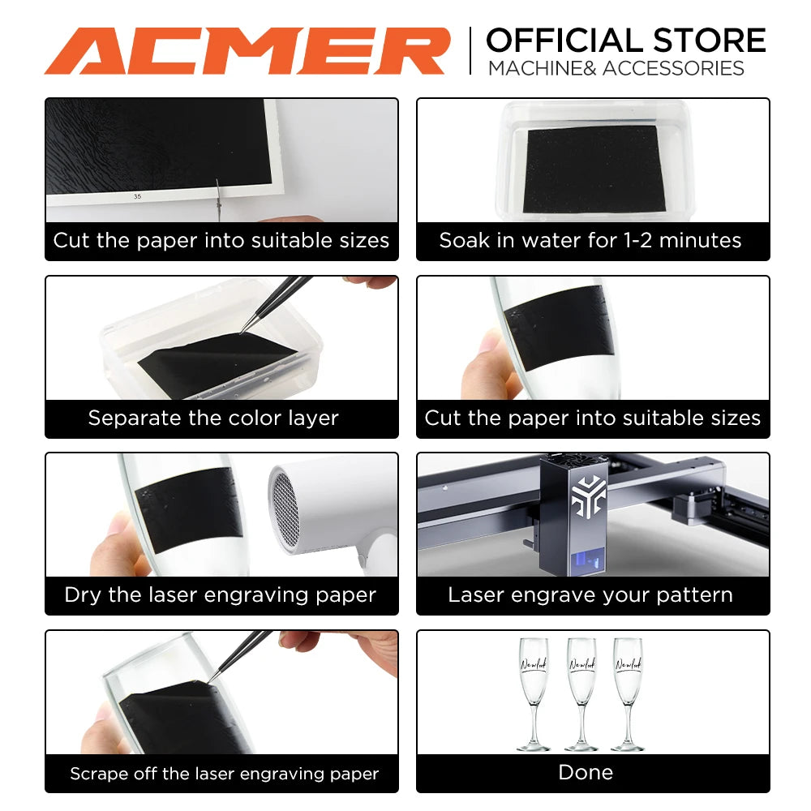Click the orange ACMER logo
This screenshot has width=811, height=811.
point(247,50)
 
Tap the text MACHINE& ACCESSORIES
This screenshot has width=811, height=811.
point(616,68)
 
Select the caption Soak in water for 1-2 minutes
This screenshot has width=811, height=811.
point(590,241)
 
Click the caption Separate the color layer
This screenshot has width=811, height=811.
point(213,418)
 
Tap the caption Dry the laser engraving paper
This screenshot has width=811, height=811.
point(220,595)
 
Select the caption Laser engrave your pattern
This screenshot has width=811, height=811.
point(590,595)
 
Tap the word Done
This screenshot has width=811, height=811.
point(586,772)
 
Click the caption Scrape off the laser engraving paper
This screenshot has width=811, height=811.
point(224,774)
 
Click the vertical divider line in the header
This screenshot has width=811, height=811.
point(470,50)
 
